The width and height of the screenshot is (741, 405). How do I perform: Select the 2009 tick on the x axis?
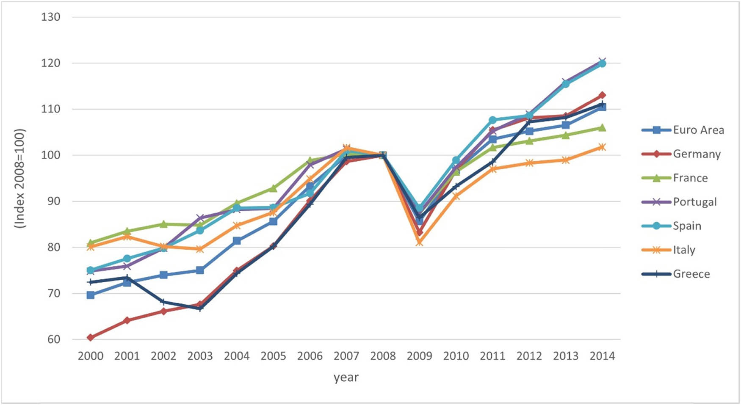(419, 356)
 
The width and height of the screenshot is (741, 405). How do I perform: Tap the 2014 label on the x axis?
(602, 356)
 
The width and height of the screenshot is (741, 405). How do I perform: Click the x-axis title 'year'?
(346, 377)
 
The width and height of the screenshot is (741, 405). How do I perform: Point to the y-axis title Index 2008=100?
(20, 178)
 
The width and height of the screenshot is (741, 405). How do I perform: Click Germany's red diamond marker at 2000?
(90, 337)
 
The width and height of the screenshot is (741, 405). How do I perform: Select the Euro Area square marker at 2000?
(90, 295)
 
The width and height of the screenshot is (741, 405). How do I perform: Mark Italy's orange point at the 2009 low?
(419, 242)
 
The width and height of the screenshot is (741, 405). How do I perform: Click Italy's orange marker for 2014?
(602, 147)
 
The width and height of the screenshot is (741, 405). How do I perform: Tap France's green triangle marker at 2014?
(602, 128)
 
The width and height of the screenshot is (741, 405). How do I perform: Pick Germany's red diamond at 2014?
(602, 95)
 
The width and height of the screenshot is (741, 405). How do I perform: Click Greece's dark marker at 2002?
(163, 302)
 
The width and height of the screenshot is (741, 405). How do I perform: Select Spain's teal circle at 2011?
(492, 120)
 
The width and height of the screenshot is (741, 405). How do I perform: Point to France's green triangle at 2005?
(273, 188)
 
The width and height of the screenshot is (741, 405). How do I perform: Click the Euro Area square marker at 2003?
(200, 270)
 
